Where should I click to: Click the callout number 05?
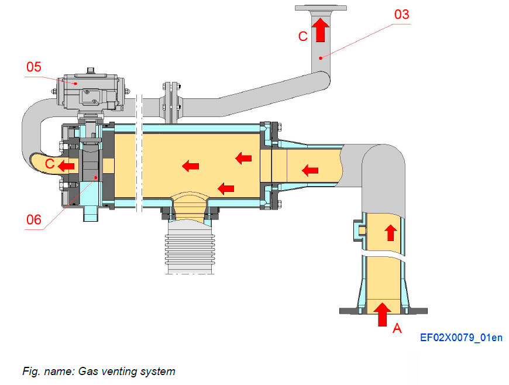(x=34, y=66)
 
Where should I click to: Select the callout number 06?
(x=34, y=220)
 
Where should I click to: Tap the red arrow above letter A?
(x=383, y=314)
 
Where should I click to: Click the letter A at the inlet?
(x=397, y=329)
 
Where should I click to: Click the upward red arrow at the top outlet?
(x=319, y=29)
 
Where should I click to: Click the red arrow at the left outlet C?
(x=66, y=166)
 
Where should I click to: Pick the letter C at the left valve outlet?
(x=50, y=165)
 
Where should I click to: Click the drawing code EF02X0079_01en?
(x=461, y=338)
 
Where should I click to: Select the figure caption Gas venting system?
(x=98, y=371)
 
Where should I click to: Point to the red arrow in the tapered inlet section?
(x=309, y=170)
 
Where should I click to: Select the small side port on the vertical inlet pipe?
(x=359, y=229)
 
